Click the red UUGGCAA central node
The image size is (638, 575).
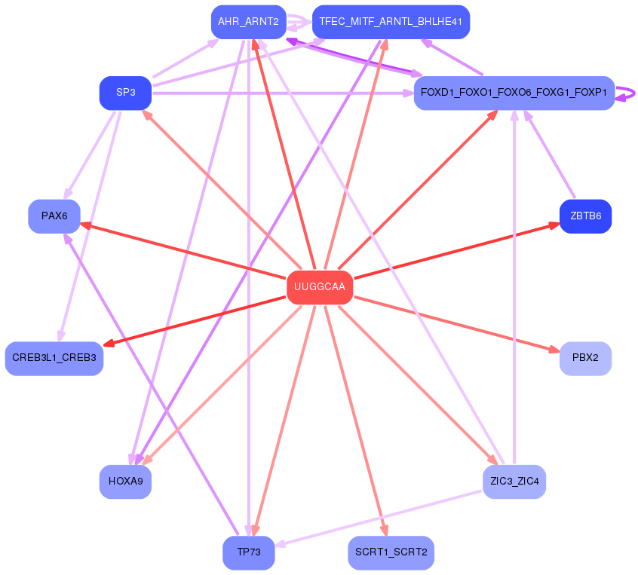point(320,287)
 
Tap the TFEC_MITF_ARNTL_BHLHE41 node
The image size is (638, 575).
point(391,22)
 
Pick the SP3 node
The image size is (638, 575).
point(125,93)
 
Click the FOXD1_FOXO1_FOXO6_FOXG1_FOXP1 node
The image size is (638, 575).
point(514,93)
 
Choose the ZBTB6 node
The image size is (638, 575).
point(585,216)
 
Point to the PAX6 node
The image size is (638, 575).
point(54,216)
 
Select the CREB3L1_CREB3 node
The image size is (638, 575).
point(54,358)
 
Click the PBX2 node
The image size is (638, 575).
point(585,358)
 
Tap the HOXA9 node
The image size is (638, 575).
point(125,480)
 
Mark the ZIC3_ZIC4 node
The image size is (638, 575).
point(514,480)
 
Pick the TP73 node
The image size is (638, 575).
point(248,552)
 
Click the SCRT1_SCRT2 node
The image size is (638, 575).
point(391,552)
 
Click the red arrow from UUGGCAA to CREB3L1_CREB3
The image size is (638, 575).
point(196,320)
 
